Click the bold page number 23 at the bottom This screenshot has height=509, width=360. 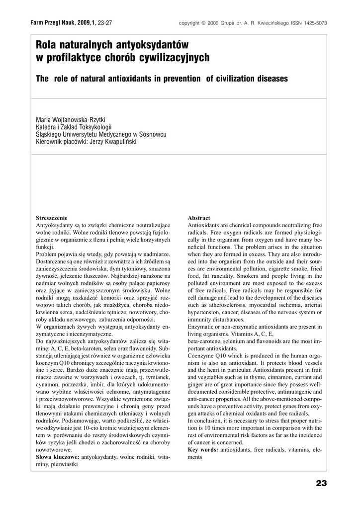(321, 483)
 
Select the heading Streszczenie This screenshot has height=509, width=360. (51, 218)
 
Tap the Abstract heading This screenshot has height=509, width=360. (199, 218)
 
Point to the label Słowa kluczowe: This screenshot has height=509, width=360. (58, 457)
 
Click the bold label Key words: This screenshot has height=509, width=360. (203, 450)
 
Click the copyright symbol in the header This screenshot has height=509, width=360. (203, 23)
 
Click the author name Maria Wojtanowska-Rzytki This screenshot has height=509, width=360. (71, 120)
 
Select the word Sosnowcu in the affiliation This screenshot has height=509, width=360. (152, 134)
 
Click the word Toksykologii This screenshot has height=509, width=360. (96, 127)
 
